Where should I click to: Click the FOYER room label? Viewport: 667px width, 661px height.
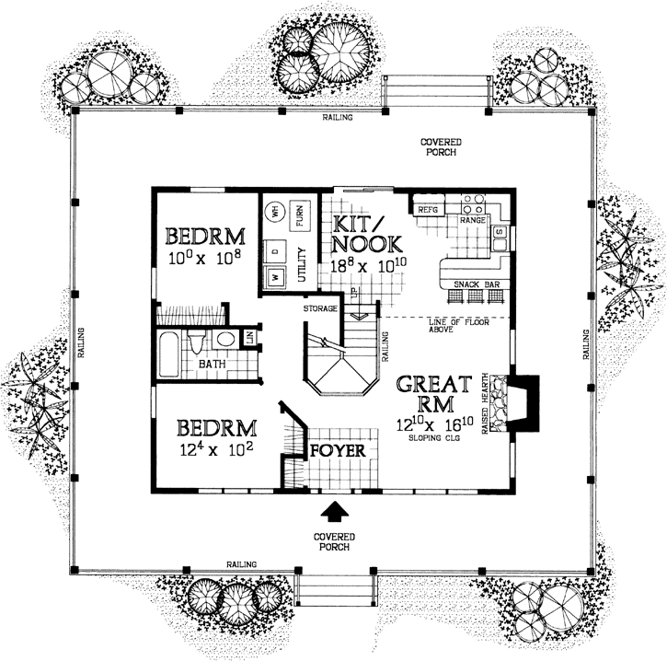coord(338,451)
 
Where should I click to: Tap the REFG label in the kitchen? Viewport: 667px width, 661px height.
coord(428,210)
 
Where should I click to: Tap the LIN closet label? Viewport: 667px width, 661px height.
coord(248,340)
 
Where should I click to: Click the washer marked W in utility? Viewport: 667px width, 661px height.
coord(274,275)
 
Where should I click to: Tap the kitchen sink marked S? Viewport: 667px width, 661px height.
coord(498,234)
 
